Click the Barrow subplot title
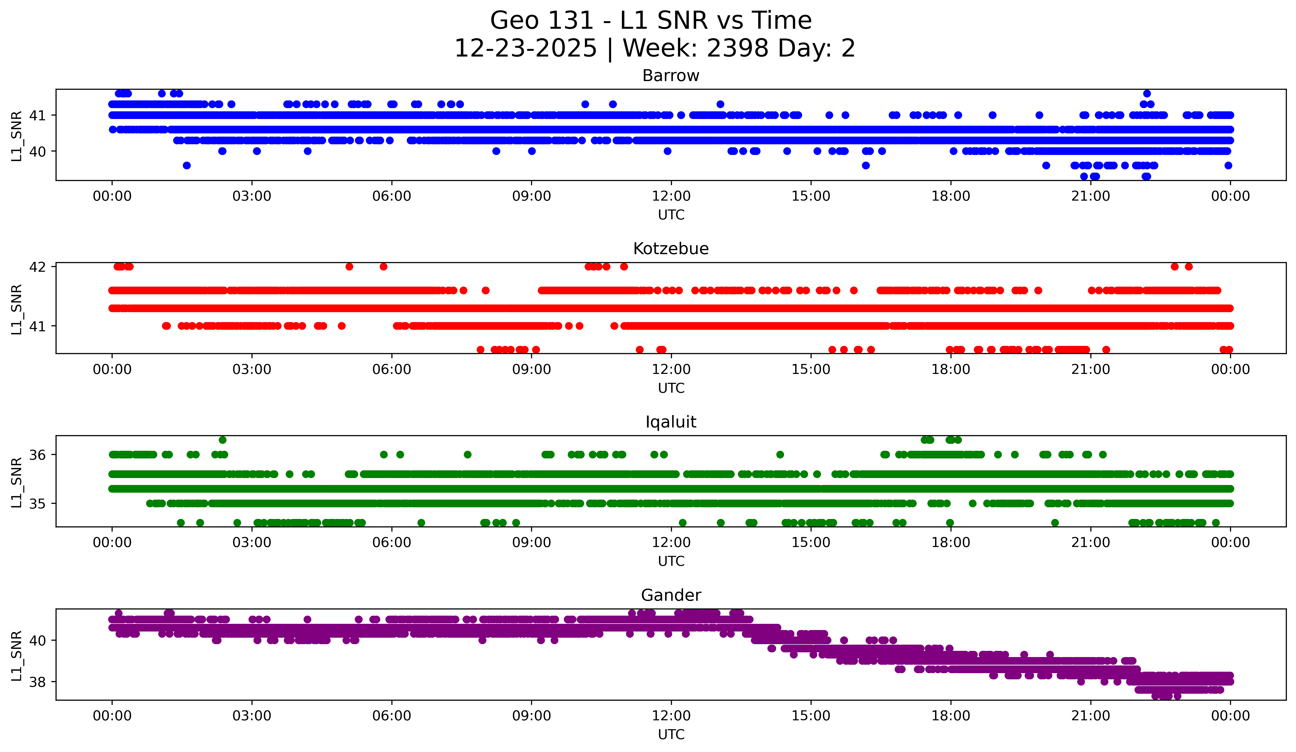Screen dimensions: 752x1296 (671, 76)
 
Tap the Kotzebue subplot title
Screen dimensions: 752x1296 (671, 249)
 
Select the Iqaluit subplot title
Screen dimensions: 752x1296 (671, 422)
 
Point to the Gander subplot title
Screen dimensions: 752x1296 (671, 595)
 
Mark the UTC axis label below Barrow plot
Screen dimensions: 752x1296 (671, 215)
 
